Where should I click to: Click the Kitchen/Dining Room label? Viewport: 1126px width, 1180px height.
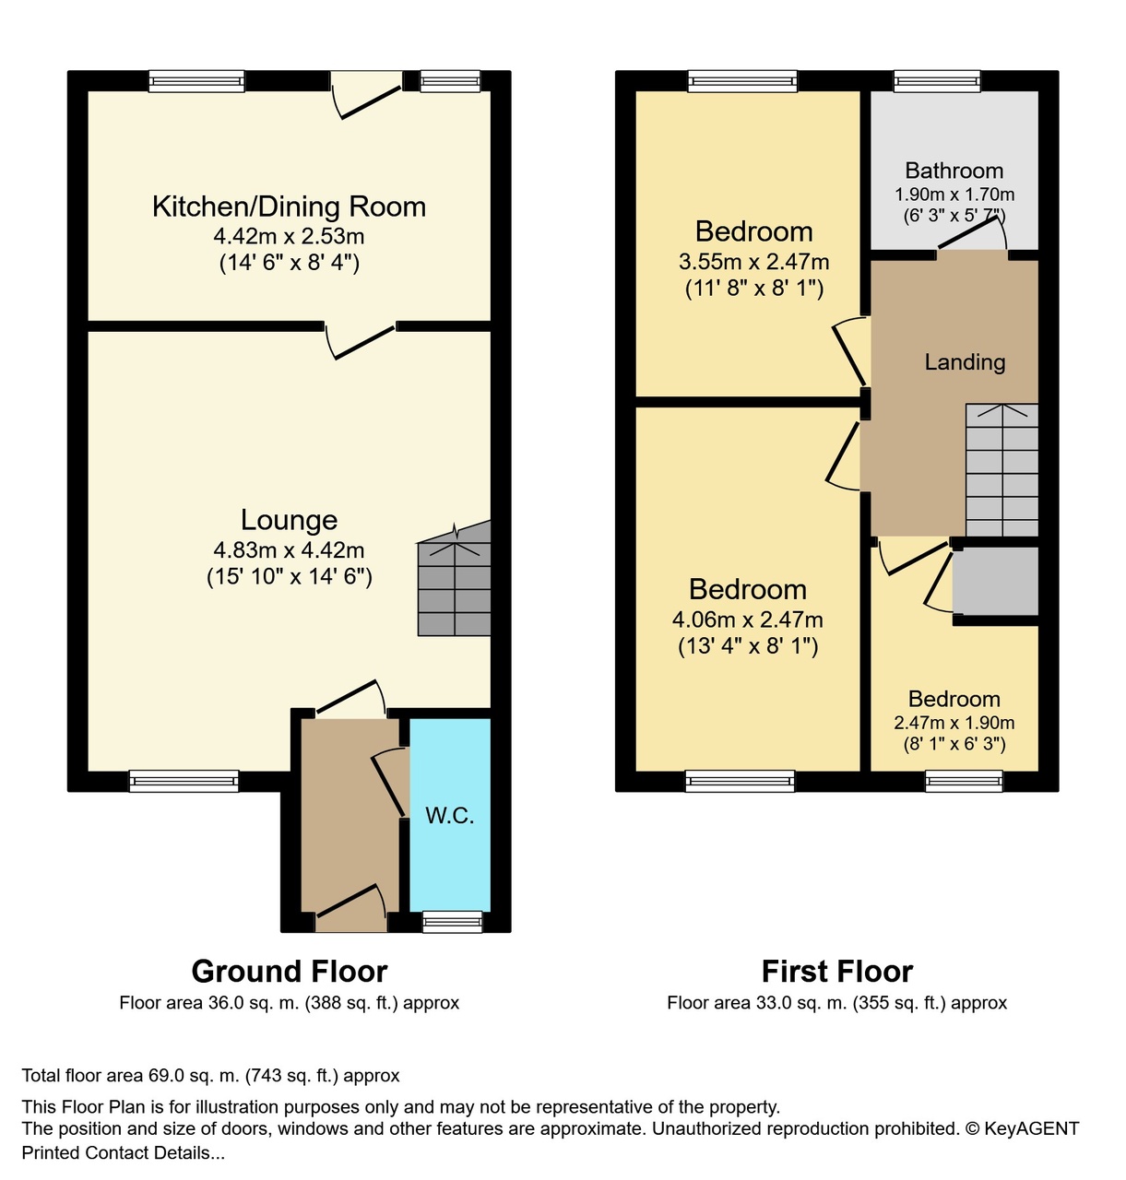289,207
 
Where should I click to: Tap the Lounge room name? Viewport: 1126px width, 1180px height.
289,520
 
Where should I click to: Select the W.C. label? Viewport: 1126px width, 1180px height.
450,815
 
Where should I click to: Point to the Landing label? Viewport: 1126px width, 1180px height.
965,362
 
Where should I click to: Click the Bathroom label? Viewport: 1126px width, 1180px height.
954,171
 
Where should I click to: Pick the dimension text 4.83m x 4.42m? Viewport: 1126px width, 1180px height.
289,549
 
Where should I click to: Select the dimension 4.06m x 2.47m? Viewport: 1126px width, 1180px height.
748,619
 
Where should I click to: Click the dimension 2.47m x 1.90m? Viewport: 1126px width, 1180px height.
954,723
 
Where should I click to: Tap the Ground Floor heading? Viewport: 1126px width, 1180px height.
289,971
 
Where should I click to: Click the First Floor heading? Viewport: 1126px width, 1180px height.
837,971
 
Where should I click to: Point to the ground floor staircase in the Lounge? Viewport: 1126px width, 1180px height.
455,578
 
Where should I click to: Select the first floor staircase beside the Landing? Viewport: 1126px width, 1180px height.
1002,470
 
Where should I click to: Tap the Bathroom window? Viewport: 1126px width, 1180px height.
937,81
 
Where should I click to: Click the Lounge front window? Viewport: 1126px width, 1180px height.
184,781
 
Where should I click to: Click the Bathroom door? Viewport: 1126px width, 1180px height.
972,233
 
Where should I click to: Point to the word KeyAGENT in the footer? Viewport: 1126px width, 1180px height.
1031,1127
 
